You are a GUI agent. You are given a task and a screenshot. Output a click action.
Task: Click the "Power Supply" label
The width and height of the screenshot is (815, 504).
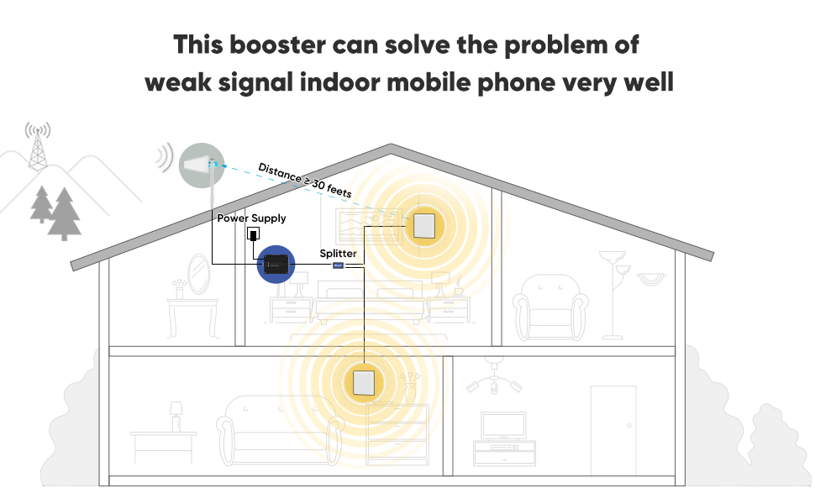[252, 218]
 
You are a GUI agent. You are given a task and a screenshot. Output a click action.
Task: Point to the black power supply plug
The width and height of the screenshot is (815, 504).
[252, 234]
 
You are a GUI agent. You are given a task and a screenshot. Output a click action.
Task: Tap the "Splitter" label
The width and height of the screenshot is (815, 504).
[338, 253]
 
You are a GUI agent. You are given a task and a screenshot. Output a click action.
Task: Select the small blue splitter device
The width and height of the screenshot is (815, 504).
[339, 265]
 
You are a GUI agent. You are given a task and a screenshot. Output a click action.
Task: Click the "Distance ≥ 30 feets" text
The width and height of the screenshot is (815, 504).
[304, 180]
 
